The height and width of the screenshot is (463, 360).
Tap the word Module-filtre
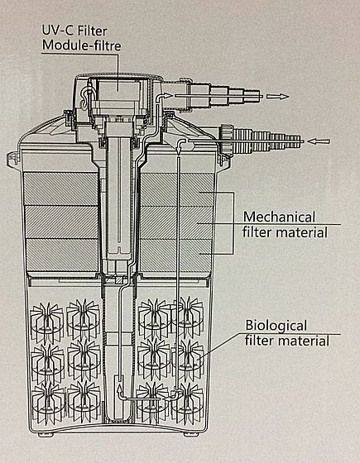pos(82,45)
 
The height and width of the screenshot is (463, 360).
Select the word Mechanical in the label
pos(279,217)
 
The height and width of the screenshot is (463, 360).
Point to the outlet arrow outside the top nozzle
pos(277,96)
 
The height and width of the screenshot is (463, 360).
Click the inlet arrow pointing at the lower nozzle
pos(318,141)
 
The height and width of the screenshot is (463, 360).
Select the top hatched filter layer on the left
pos(60,189)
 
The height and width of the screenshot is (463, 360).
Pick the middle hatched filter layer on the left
pos(61,222)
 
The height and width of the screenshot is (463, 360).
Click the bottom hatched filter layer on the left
pos(63,255)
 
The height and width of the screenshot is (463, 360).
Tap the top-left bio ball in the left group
pos(47,320)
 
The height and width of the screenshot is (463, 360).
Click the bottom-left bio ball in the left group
pos(48,403)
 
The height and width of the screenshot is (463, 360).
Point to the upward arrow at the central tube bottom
pos(120,389)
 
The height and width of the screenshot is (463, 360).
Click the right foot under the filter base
pos(190,434)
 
